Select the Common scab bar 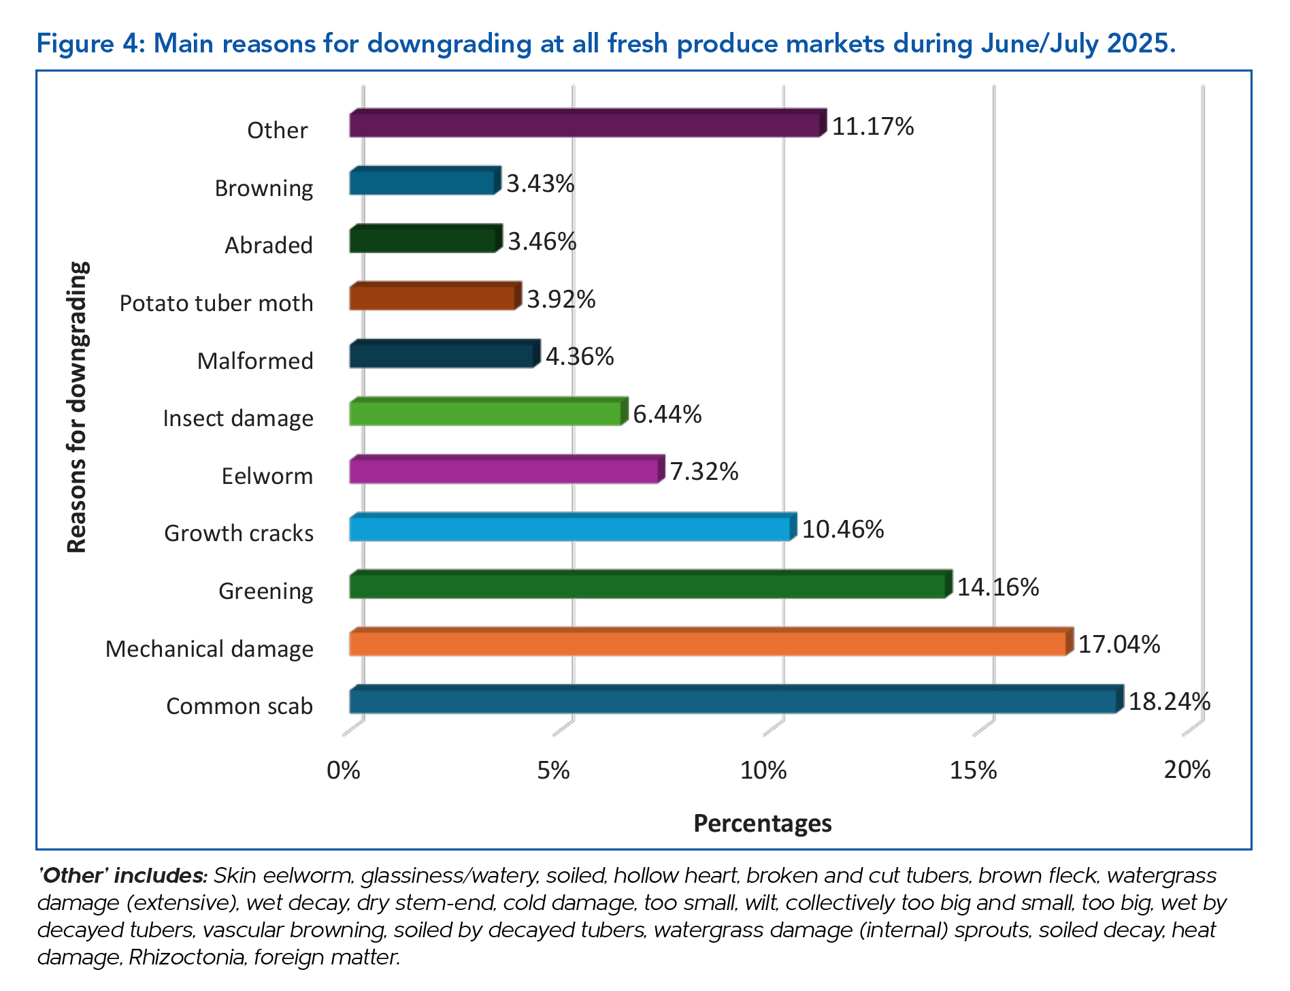pyautogui.click(x=733, y=701)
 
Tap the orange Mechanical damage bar pyautogui.click(x=708, y=643)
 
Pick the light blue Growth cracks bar pyautogui.click(x=570, y=529)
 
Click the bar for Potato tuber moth pyautogui.click(x=433, y=298)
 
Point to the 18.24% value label pyautogui.click(x=1169, y=701)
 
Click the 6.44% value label pyautogui.click(x=667, y=414)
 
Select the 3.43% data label pyautogui.click(x=540, y=184)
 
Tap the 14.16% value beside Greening pyautogui.click(x=997, y=587)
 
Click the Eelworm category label pyautogui.click(x=267, y=476)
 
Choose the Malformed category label pyautogui.click(x=255, y=361)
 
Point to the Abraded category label pyautogui.click(x=269, y=245)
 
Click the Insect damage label pyautogui.click(x=238, y=418)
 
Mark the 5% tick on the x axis pyautogui.click(x=553, y=770)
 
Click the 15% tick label pyautogui.click(x=973, y=770)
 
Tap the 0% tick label pyautogui.click(x=343, y=770)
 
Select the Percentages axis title pyautogui.click(x=762, y=824)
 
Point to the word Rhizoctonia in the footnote pyautogui.click(x=186, y=958)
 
